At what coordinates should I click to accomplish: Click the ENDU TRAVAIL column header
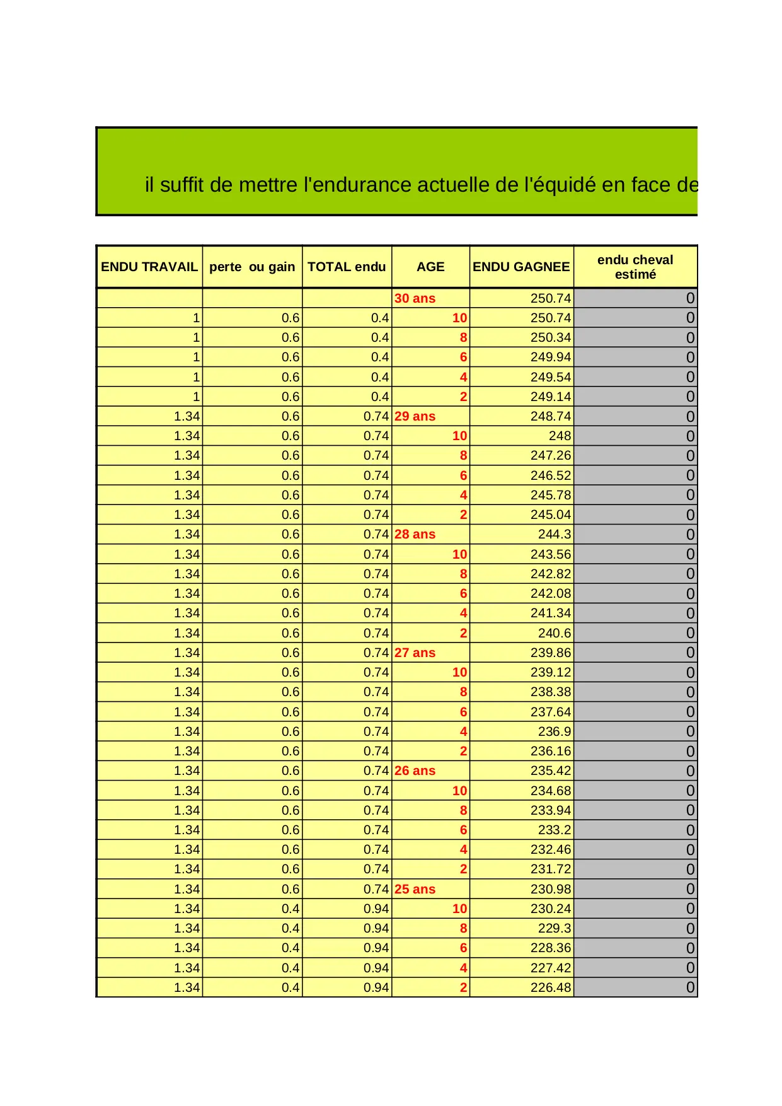click(149, 267)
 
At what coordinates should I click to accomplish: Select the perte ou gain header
click(252, 267)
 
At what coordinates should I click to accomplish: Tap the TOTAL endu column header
click(347, 267)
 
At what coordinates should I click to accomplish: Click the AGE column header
click(430, 267)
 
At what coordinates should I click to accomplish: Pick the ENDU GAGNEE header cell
click(521, 267)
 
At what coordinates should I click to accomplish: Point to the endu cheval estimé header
click(635, 267)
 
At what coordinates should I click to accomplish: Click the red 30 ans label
click(415, 298)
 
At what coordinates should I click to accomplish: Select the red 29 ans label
click(415, 416)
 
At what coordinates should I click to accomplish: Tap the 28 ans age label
click(415, 534)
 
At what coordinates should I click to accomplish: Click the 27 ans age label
click(415, 653)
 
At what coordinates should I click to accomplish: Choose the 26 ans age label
click(415, 771)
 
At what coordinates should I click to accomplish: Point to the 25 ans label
click(415, 889)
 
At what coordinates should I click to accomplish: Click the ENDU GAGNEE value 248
click(560, 436)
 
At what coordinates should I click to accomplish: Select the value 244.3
click(555, 534)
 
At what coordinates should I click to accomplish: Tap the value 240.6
click(555, 633)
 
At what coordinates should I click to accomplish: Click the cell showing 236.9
click(555, 731)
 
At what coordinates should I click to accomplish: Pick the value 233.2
click(555, 830)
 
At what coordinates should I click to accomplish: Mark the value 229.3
click(555, 928)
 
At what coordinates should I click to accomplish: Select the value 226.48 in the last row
click(550, 987)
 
